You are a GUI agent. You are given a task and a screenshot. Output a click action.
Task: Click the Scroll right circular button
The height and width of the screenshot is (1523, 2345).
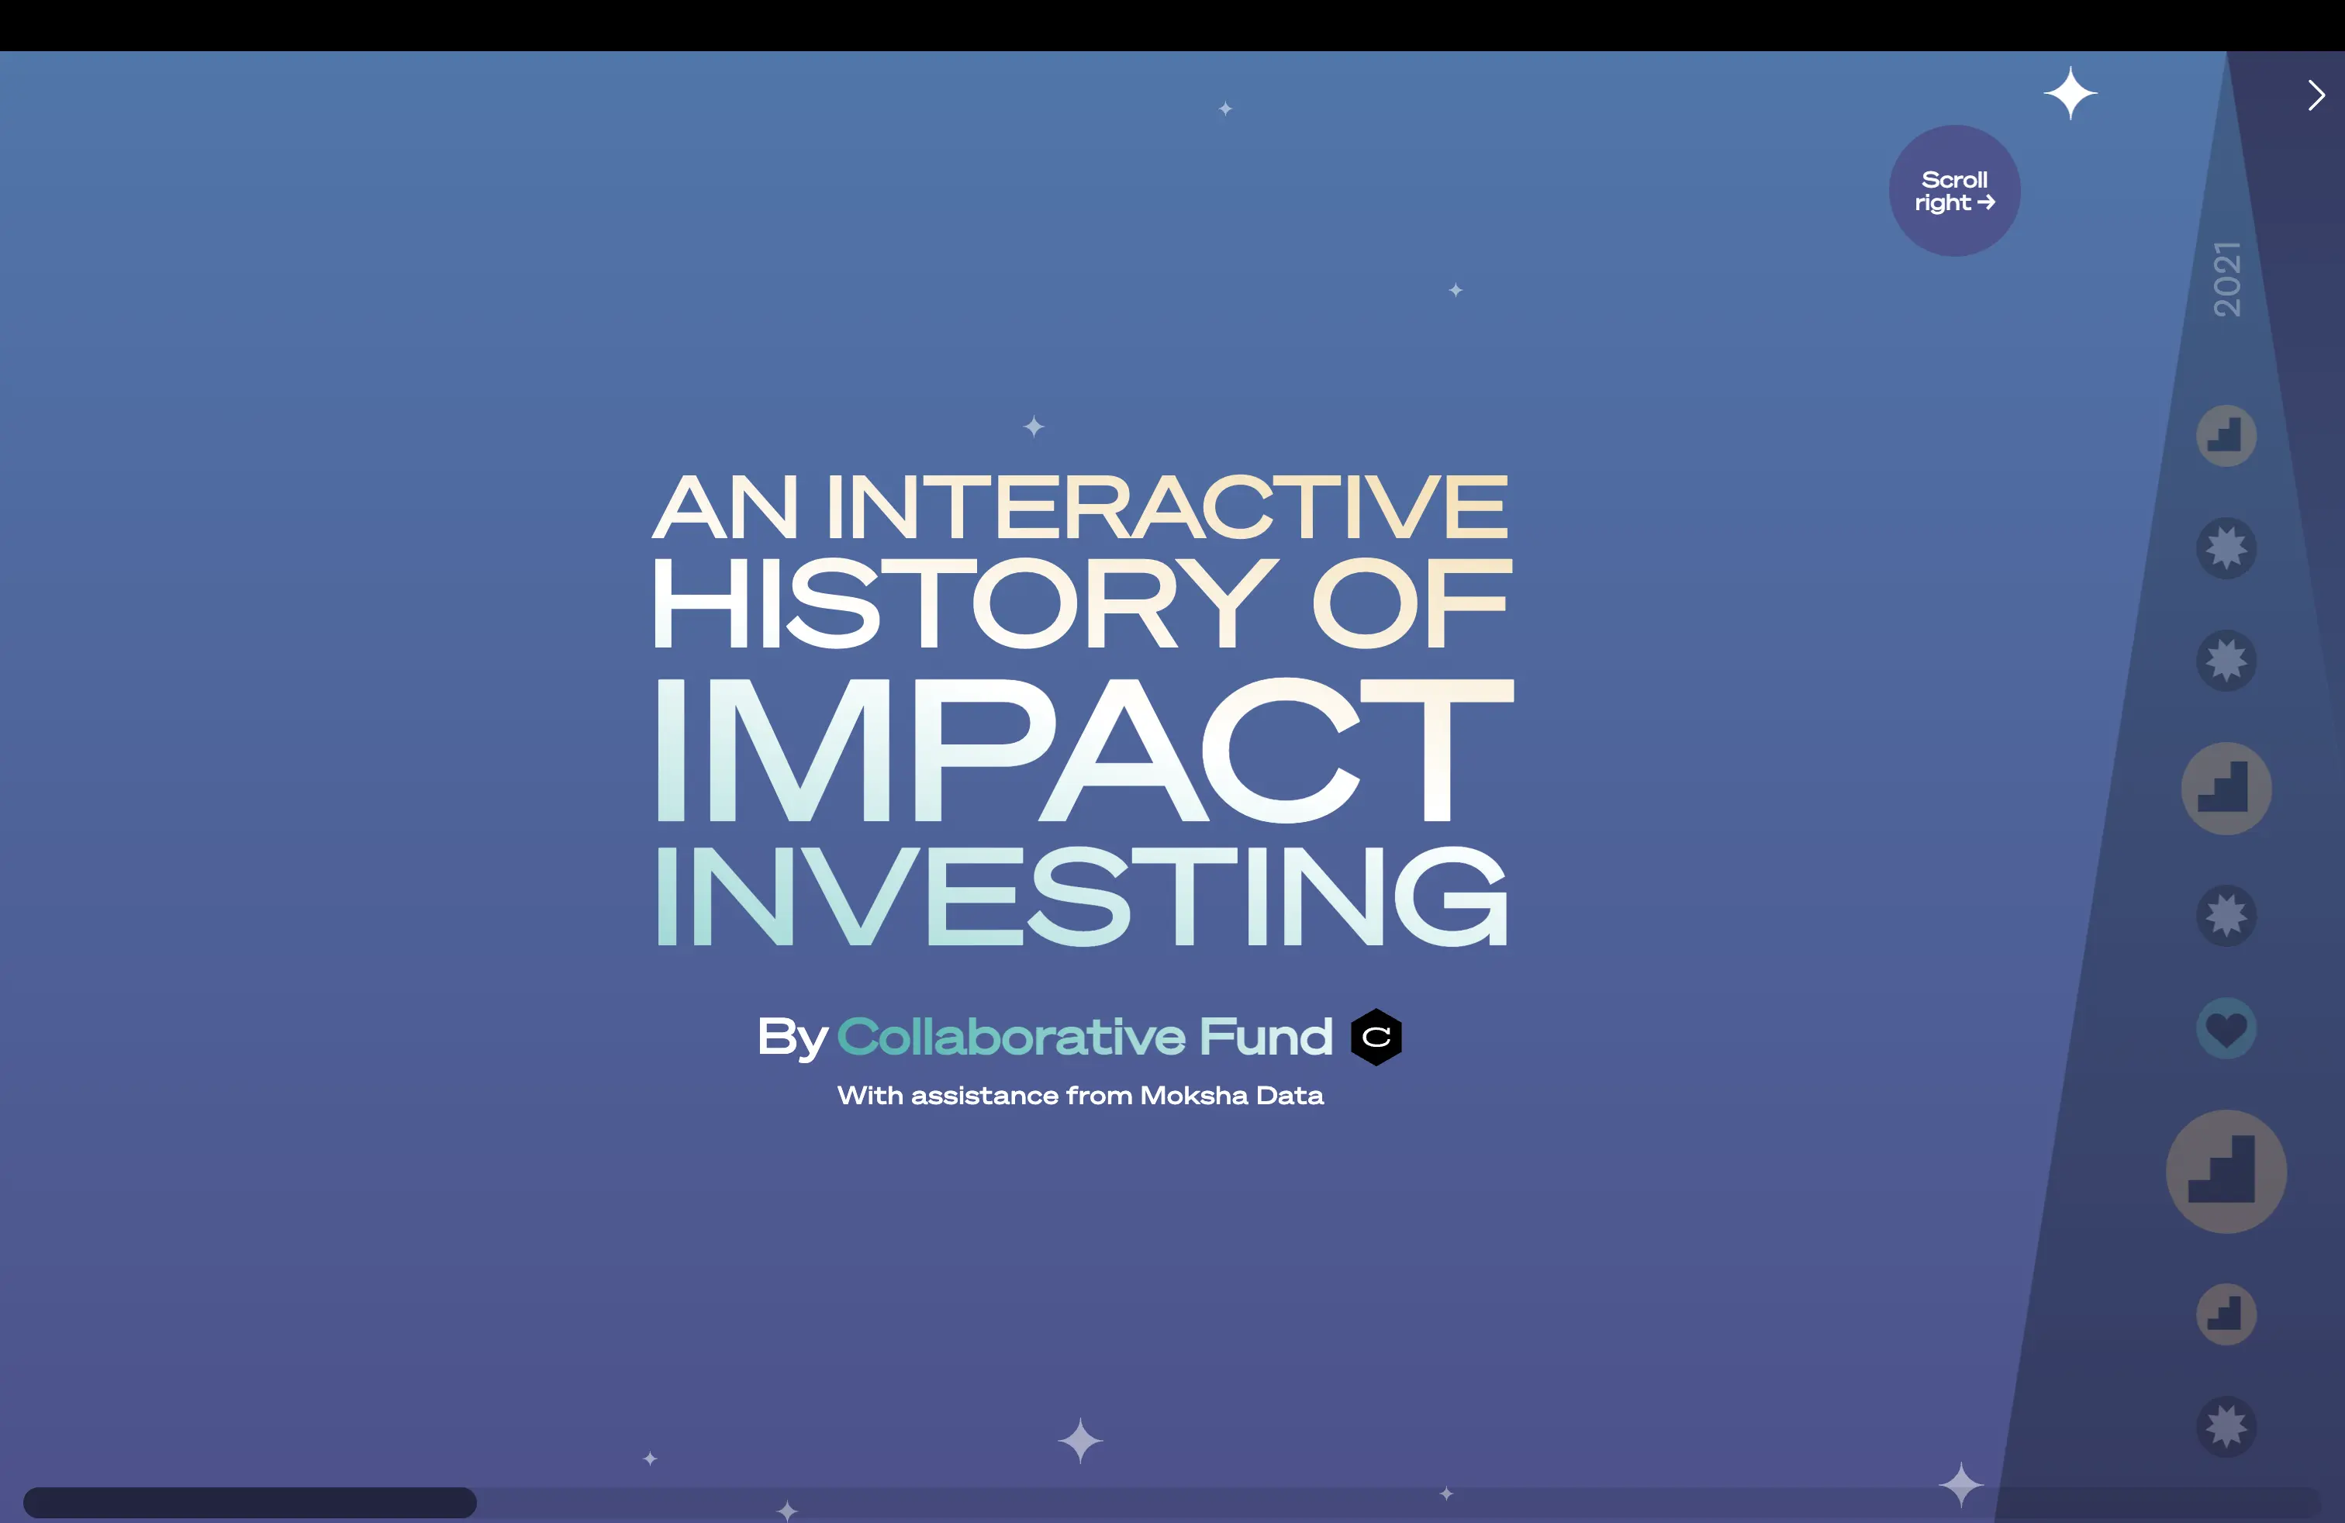[x=1954, y=191]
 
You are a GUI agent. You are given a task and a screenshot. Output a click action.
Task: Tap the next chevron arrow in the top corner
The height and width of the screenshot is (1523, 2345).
[x=2316, y=95]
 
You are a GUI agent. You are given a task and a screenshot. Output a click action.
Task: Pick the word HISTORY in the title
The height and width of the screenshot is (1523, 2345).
[x=964, y=603]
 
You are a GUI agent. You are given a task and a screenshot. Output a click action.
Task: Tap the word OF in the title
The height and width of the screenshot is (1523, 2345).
[x=1410, y=603]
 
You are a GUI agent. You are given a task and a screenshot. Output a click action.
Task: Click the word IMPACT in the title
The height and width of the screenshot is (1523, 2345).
[x=1084, y=751]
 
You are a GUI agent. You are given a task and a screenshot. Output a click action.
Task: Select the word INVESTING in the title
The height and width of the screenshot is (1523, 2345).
[x=1082, y=896]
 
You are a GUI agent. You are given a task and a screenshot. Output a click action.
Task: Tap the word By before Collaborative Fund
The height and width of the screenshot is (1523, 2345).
[x=793, y=1038]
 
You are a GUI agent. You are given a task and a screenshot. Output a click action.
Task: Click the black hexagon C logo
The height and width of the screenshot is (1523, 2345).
[x=1376, y=1038]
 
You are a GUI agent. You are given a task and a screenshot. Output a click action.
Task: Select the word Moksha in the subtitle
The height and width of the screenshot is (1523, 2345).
[x=1194, y=1096]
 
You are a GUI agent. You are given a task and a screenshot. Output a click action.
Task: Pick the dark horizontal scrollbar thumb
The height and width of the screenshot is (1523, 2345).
[x=250, y=1502]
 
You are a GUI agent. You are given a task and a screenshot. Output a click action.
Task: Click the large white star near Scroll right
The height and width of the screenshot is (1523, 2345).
[x=2070, y=94]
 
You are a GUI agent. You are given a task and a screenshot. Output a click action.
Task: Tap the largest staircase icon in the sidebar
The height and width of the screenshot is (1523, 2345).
[x=2226, y=1171]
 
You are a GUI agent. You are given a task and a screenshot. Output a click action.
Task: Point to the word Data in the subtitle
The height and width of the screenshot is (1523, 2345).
[x=1290, y=1096]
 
